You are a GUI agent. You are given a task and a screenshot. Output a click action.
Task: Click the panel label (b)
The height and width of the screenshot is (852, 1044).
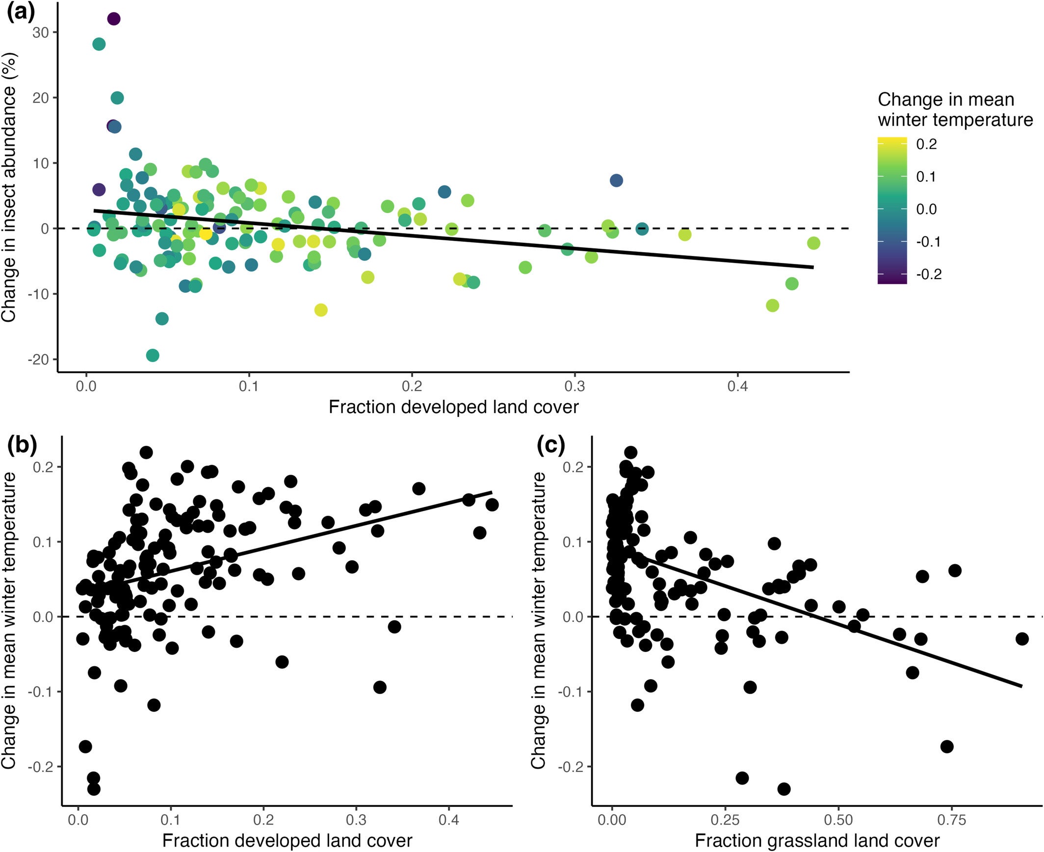point(22,445)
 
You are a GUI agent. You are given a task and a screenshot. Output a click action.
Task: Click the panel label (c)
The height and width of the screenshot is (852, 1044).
point(551,445)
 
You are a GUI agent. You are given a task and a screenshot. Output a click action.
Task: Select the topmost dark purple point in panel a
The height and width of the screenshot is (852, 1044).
point(113,19)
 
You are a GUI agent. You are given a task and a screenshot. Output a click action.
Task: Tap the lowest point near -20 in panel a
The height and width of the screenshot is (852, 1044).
point(153,355)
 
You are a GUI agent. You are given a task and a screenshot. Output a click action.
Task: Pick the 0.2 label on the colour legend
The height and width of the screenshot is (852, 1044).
point(926,144)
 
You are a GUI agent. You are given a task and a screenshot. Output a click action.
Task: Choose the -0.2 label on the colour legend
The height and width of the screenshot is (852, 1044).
point(928,274)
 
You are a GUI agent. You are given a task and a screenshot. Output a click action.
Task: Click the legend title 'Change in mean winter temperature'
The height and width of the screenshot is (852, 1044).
point(954,109)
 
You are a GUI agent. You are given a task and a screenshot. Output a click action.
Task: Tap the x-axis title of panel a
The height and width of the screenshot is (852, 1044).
point(453,407)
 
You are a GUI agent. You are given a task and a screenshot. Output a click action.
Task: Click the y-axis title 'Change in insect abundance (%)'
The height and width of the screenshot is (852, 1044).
point(10,186)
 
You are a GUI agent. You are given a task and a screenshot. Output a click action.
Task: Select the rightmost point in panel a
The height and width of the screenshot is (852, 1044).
point(813,243)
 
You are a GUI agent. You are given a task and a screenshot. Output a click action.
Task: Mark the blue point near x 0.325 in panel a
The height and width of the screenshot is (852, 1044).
point(616,181)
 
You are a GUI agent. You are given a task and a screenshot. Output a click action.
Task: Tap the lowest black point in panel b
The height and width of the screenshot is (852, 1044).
point(93,789)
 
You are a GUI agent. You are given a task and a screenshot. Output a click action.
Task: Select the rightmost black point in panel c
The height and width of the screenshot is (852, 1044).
point(1022,639)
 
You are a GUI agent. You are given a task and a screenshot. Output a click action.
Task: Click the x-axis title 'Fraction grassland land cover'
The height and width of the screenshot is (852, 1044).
point(817,841)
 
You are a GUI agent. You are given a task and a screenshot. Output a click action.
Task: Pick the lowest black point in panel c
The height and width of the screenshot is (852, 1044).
point(784,789)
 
